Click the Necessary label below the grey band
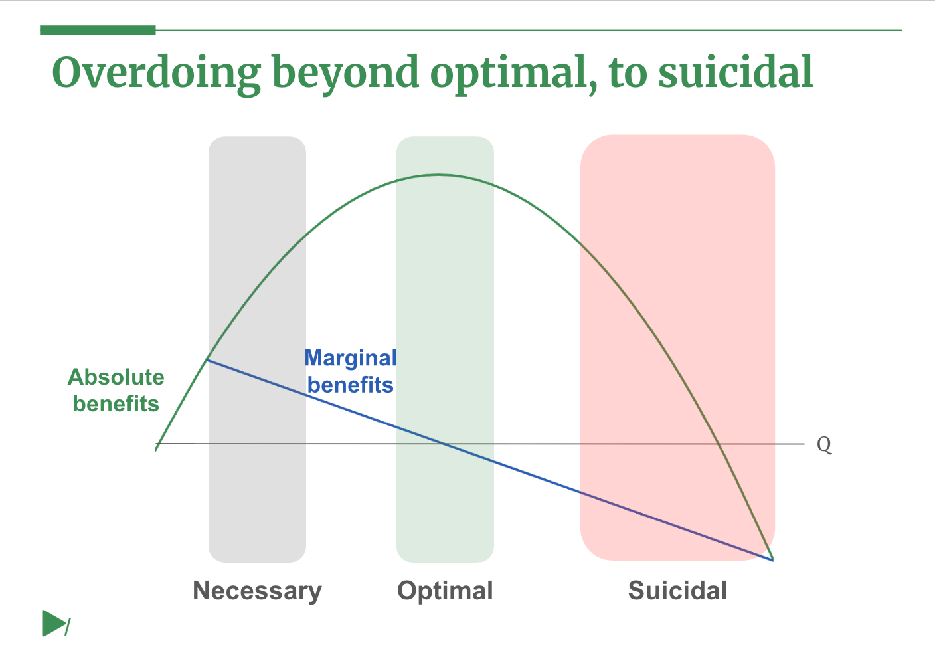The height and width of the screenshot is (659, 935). pos(257,591)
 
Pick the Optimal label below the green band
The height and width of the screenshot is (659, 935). pos(445,591)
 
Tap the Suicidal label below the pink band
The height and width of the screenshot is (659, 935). pos(677,591)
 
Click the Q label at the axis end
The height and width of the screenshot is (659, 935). pos(823,444)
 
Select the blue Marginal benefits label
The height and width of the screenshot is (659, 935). pos(350,371)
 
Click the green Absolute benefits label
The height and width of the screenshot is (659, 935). pos(116,391)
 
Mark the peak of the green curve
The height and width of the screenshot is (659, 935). pos(438,175)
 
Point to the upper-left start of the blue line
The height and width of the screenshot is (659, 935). pos(208,360)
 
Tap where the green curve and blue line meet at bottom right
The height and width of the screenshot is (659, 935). pos(772,559)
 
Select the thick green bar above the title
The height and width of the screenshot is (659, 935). pos(98,30)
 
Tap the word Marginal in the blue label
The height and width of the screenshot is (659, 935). pos(350,358)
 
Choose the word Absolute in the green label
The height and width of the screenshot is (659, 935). pos(116,377)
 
